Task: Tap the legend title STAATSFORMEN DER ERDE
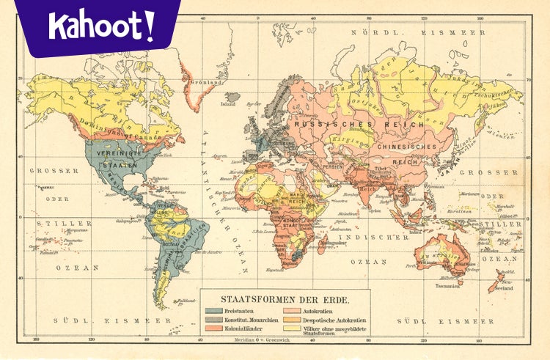click(x=285, y=300)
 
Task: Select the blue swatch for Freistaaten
click(x=213, y=311)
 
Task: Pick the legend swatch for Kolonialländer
click(x=213, y=329)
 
